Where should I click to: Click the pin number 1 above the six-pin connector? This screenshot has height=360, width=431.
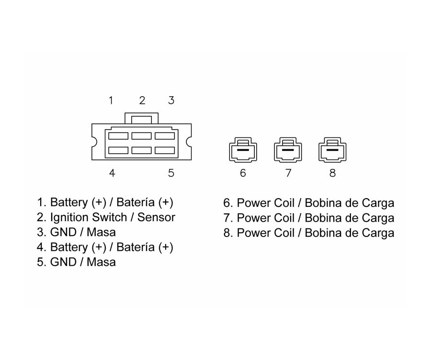[x=111, y=101]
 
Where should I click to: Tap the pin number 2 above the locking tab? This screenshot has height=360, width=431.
[x=142, y=101]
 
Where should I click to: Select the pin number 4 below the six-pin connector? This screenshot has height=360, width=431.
[x=112, y=173]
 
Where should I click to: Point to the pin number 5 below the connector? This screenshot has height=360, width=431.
[x=171, y=173]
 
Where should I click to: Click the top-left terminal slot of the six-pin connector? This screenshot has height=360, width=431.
[x=118, y=135]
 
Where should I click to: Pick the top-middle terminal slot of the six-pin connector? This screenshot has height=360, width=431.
[x=141, y=135]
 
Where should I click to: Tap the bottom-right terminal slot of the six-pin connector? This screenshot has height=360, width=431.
[x=164, y=150]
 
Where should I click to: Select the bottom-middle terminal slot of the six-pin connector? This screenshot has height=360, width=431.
[x=141, y=150]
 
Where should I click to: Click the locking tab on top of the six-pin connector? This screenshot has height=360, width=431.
[x=141, y=118]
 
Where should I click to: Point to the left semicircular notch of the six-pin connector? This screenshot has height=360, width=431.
[x=94, y=142]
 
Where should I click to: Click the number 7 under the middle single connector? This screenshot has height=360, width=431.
[x=288, y=173]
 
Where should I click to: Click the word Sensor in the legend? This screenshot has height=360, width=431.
[x=156, y=217]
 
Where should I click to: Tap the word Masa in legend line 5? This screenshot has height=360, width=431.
[x=101, y=262]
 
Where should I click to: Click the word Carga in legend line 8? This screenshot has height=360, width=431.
[x=379, y=233]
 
